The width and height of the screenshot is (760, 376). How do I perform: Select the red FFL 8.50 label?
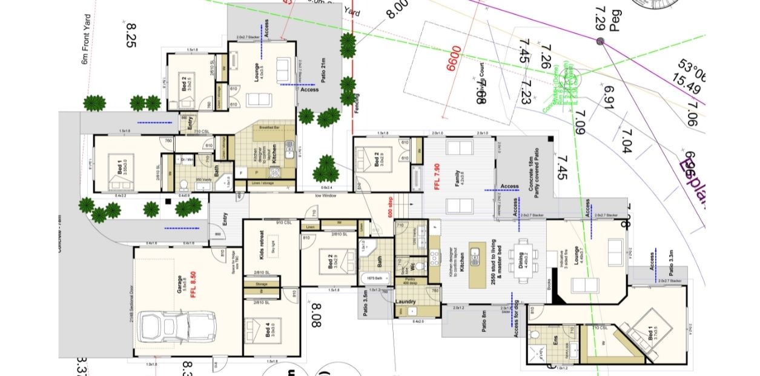(193, 286)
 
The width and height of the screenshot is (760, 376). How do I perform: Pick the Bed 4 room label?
(268, 331)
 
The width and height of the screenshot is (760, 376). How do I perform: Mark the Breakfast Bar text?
(269, 129)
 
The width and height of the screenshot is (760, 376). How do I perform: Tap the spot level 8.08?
(315, 316)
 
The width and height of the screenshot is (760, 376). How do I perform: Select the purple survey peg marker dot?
(600, 41)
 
